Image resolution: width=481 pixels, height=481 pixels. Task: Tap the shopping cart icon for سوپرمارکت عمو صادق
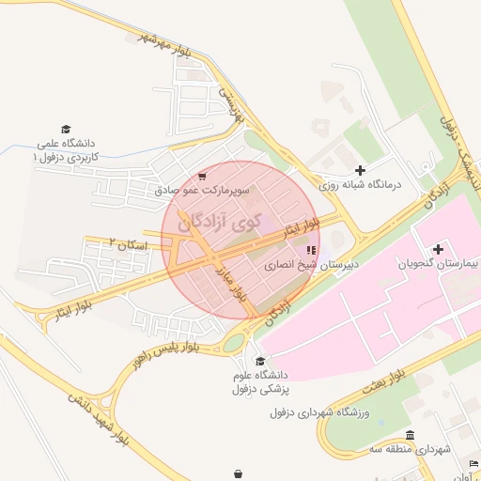[x=203, y=177]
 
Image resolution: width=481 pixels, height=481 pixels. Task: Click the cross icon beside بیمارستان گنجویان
[x=437, y=249]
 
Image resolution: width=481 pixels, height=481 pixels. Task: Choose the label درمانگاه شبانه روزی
[x=360, y=184]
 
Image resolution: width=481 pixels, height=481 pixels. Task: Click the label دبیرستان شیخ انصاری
[x=311, y=265]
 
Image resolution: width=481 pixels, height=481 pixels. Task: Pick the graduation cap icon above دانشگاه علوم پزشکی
[x=260, y=363]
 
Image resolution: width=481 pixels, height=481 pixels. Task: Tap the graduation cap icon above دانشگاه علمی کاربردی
[x=66, y=130]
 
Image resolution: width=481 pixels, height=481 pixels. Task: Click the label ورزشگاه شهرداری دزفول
[x=330, y=412]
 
